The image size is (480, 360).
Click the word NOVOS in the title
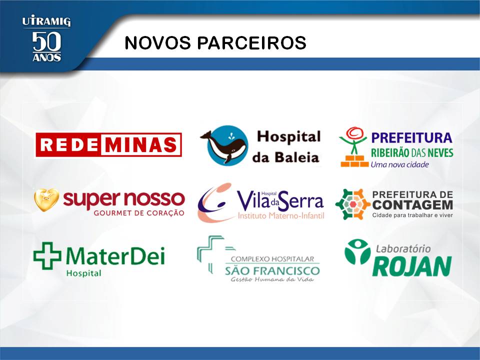(157, 42)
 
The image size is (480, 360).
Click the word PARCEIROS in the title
(251, 42)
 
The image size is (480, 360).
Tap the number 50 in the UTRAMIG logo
(46, 41)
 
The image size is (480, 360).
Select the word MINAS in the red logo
(141, 145)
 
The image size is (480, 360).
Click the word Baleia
(296, 157)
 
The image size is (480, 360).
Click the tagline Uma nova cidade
(400, 164)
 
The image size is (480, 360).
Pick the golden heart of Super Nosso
(46, 200)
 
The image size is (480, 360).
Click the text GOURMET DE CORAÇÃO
(139, 213)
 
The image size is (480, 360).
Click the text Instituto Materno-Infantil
(281, 216)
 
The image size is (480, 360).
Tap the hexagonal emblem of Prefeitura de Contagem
(352, 204)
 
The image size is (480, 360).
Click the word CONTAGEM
(412, 205)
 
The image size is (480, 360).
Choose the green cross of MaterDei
(47, 255)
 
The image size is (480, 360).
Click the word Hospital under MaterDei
(84, 273)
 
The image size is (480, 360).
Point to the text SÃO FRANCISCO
(272, 271)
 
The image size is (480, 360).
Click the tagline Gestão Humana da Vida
(272, 279)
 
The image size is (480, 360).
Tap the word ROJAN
(412, 266)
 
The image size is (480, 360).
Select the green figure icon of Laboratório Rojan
(357, 251)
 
